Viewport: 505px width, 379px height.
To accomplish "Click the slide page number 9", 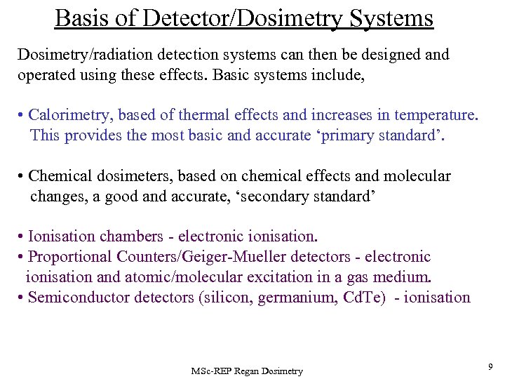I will tap(490, 366).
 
